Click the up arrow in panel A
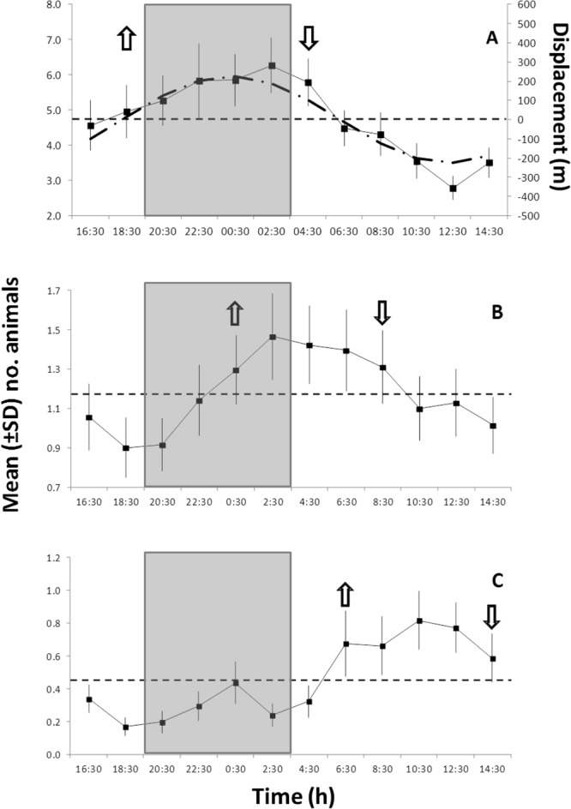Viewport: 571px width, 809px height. pyautogui.click(x=126, y=39)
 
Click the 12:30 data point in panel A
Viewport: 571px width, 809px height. pyautogui.click(x=453, y=189)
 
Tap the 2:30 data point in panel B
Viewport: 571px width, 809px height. pyautogui.click(x=273, y=337)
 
